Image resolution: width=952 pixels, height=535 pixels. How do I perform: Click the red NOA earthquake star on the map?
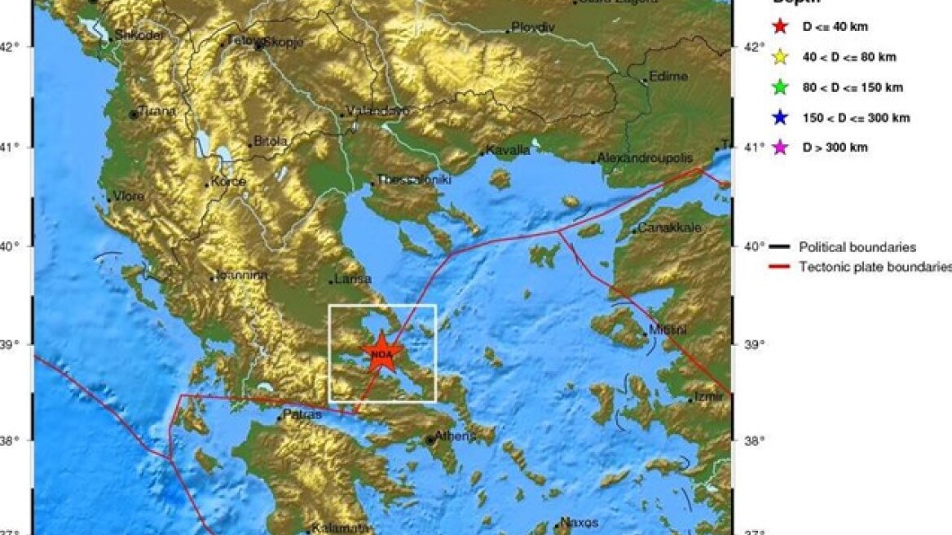click(x=381, y=354)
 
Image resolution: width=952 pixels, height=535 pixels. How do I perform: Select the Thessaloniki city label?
click(x=413, y=180)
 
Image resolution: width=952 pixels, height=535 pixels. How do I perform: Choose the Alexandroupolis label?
click(x=645, y=157)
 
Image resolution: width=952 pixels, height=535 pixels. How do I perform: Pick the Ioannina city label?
click(x=240, y=276)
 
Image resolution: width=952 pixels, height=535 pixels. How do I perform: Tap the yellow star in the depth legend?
click(x=780, y=57)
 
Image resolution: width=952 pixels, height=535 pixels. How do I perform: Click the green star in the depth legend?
click(x=780, y=87)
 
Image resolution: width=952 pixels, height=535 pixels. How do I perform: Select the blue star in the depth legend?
click(x=780, y=117)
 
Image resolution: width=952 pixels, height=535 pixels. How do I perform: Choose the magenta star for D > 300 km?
click(x=780, y=148)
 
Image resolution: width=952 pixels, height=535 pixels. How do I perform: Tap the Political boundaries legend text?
click(x=857, y=247)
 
